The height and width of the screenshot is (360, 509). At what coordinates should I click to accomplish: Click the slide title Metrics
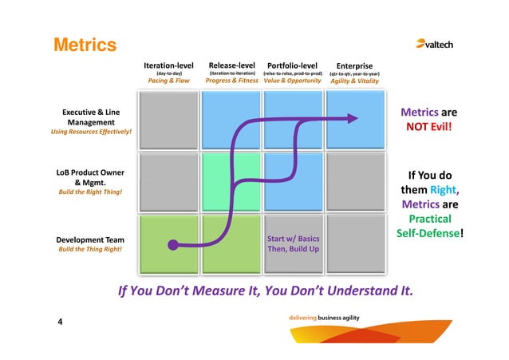click(x=85, y=45)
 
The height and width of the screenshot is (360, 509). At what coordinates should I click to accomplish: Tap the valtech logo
click(x=434, y=45)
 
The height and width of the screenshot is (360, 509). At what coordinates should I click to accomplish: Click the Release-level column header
click(x=231, y=65)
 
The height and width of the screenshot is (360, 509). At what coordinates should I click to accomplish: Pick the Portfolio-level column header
click(x=292, y=65)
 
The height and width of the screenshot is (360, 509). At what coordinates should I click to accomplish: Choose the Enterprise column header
click(x=354, y=65)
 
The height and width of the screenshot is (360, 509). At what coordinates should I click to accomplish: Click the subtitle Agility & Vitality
click(x=354, y=81)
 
